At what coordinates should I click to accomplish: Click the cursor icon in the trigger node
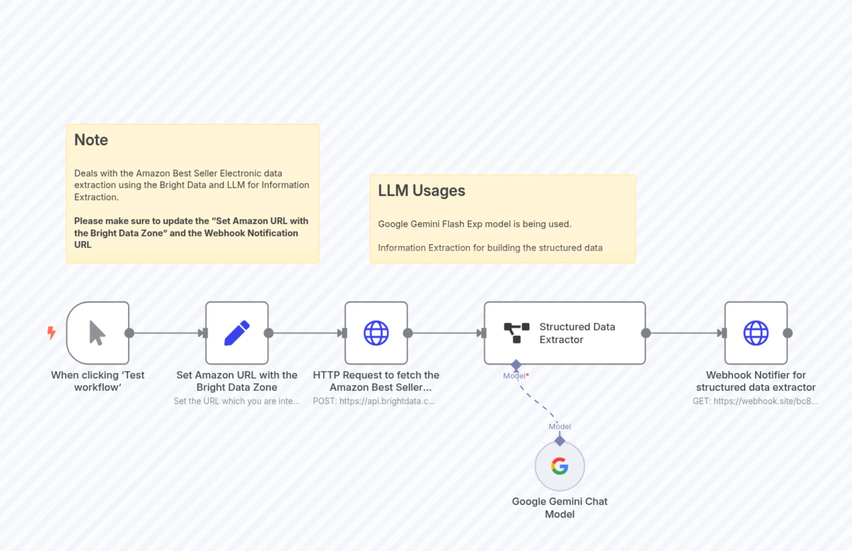(x=97, y=333)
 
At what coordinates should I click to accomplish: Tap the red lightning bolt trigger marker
(x=52, y=332)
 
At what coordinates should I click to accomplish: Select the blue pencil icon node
(x=237, y=333)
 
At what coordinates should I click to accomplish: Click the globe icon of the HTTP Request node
(x=376, y=333)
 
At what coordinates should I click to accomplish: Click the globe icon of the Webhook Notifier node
(x=756, y=333)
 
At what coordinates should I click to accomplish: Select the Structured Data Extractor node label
(x=577, y=333)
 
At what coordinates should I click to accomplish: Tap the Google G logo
(x=559, y=466)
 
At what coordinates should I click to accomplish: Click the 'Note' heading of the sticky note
(x=91, y=140)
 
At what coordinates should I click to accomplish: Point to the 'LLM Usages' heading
(x=421, y=191)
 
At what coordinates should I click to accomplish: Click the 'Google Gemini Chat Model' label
(x=559, y=508)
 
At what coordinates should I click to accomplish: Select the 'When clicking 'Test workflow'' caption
(x=98, y=381)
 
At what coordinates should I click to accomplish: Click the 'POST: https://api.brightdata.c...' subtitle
(x=374, y=401)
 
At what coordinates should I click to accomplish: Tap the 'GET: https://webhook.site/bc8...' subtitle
(x=755, y=401)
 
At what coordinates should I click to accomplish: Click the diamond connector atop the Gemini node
(x=560, y=441)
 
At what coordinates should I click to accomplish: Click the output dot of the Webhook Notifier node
(x=788, y=333)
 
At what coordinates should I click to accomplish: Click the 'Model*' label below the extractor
(x=515, y=376)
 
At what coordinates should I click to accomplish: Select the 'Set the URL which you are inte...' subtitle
(x=237, y=401)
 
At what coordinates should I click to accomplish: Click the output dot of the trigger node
(x=129, y=333)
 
